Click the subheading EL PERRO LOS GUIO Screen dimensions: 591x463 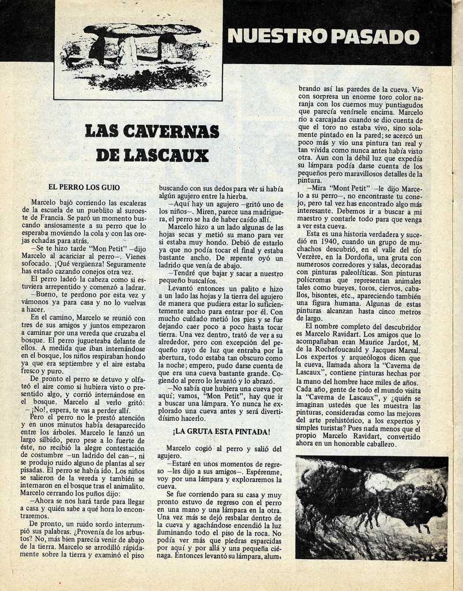[84, 187]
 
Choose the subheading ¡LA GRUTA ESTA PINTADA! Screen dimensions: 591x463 [221, 432]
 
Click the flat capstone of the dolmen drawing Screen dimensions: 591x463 [141, 29]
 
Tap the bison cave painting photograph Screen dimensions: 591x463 [371, 508]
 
